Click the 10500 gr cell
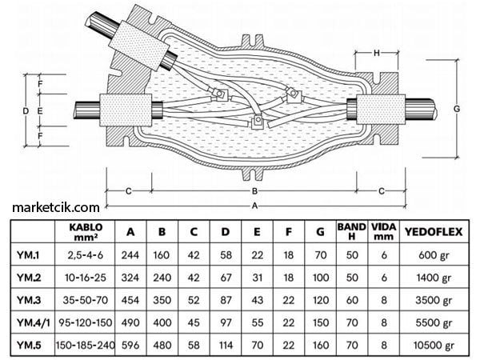click(432, 348)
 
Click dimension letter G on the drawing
click(456, 107)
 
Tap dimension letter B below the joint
click(255, 191)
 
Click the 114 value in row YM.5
click(226, 348)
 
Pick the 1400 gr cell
click(432, 278)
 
